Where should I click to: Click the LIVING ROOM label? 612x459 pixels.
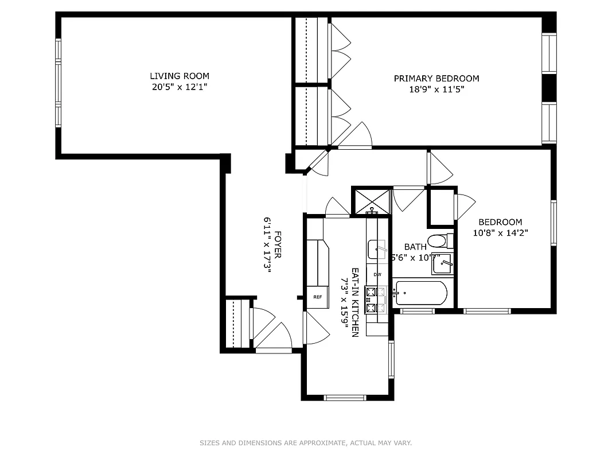pos(179,76)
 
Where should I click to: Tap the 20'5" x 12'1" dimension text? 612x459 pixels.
pos(179,87)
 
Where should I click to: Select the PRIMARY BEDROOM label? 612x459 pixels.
pos(436,79)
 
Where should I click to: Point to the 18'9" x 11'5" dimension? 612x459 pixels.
pos(436,90)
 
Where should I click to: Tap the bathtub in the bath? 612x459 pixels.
pos(422,294)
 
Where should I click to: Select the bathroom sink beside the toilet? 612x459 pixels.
pos(442,264)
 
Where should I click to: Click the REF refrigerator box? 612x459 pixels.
pos(317,297)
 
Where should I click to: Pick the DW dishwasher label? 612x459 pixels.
pos(377,275)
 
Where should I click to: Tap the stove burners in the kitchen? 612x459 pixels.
pos(371,299)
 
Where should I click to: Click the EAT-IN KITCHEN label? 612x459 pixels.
pos(356,302)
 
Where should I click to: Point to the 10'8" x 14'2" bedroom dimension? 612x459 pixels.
pos(500,233)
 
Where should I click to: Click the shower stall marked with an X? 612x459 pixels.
pos(370,201)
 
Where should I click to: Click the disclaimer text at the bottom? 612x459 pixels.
pos(306,443)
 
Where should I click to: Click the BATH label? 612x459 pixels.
pos(415,247)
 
